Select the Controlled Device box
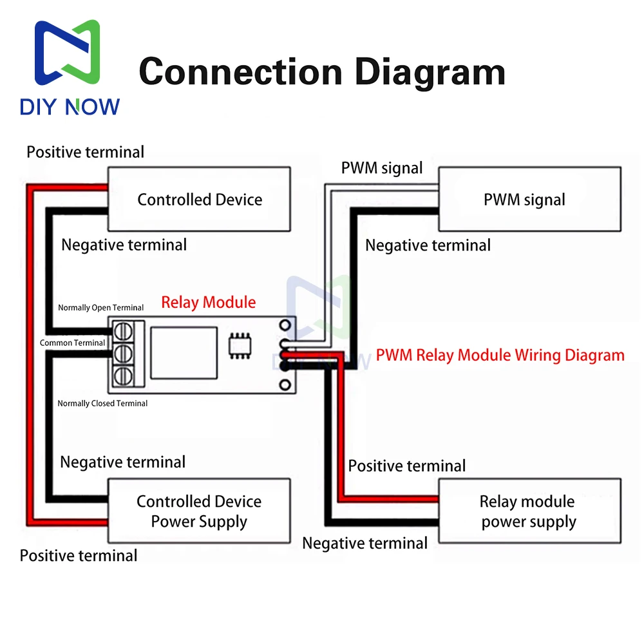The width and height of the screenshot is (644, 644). [x=199, y=199]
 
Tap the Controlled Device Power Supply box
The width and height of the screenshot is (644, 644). [x=199, y=511]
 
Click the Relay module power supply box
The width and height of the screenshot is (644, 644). [x=529, y=511]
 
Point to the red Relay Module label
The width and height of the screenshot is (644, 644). [x=208, y=302]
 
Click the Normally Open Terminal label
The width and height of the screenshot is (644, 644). [x=101, y=308]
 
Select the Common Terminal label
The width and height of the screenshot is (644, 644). [x=72, y=343]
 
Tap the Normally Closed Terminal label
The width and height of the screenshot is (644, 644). [x=102, y=403]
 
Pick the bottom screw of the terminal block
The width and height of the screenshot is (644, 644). [x=124, y=375]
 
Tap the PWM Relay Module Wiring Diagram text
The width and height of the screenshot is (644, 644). [x=500, y=355]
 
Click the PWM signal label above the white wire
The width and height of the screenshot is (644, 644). [x=382, y=169]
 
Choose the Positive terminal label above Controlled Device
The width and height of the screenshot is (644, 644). [x=86, y=152]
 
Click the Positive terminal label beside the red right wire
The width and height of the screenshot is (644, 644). [x=407, y=466]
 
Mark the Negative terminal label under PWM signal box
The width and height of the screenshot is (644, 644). [x=428, y=245]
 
